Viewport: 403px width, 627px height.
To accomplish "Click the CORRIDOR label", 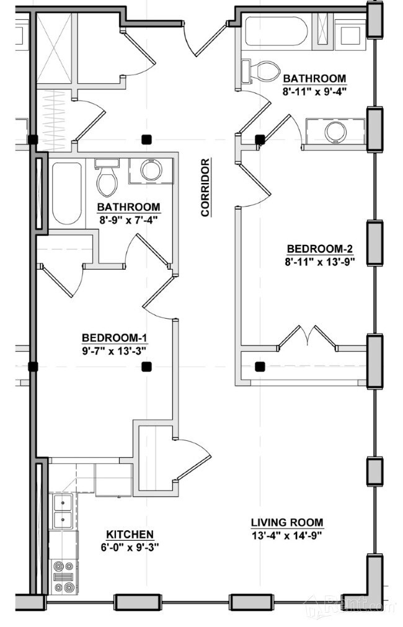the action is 205,187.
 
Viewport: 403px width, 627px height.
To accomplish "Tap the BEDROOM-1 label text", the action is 115,337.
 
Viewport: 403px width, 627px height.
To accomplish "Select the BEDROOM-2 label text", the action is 321,249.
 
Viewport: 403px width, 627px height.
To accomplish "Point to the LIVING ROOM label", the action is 287,522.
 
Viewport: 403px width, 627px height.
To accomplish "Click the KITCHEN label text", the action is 130,535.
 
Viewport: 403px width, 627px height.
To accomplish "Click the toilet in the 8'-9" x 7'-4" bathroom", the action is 107,177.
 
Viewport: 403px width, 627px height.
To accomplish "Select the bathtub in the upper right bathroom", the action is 277,31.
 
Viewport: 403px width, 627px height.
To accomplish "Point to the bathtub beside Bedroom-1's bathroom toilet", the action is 67,193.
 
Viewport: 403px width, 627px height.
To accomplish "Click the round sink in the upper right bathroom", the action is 335,132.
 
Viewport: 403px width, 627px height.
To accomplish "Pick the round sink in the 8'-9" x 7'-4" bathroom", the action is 151,171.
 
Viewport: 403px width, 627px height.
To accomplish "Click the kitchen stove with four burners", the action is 64,577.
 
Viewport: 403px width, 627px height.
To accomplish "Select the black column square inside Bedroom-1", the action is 147,367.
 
